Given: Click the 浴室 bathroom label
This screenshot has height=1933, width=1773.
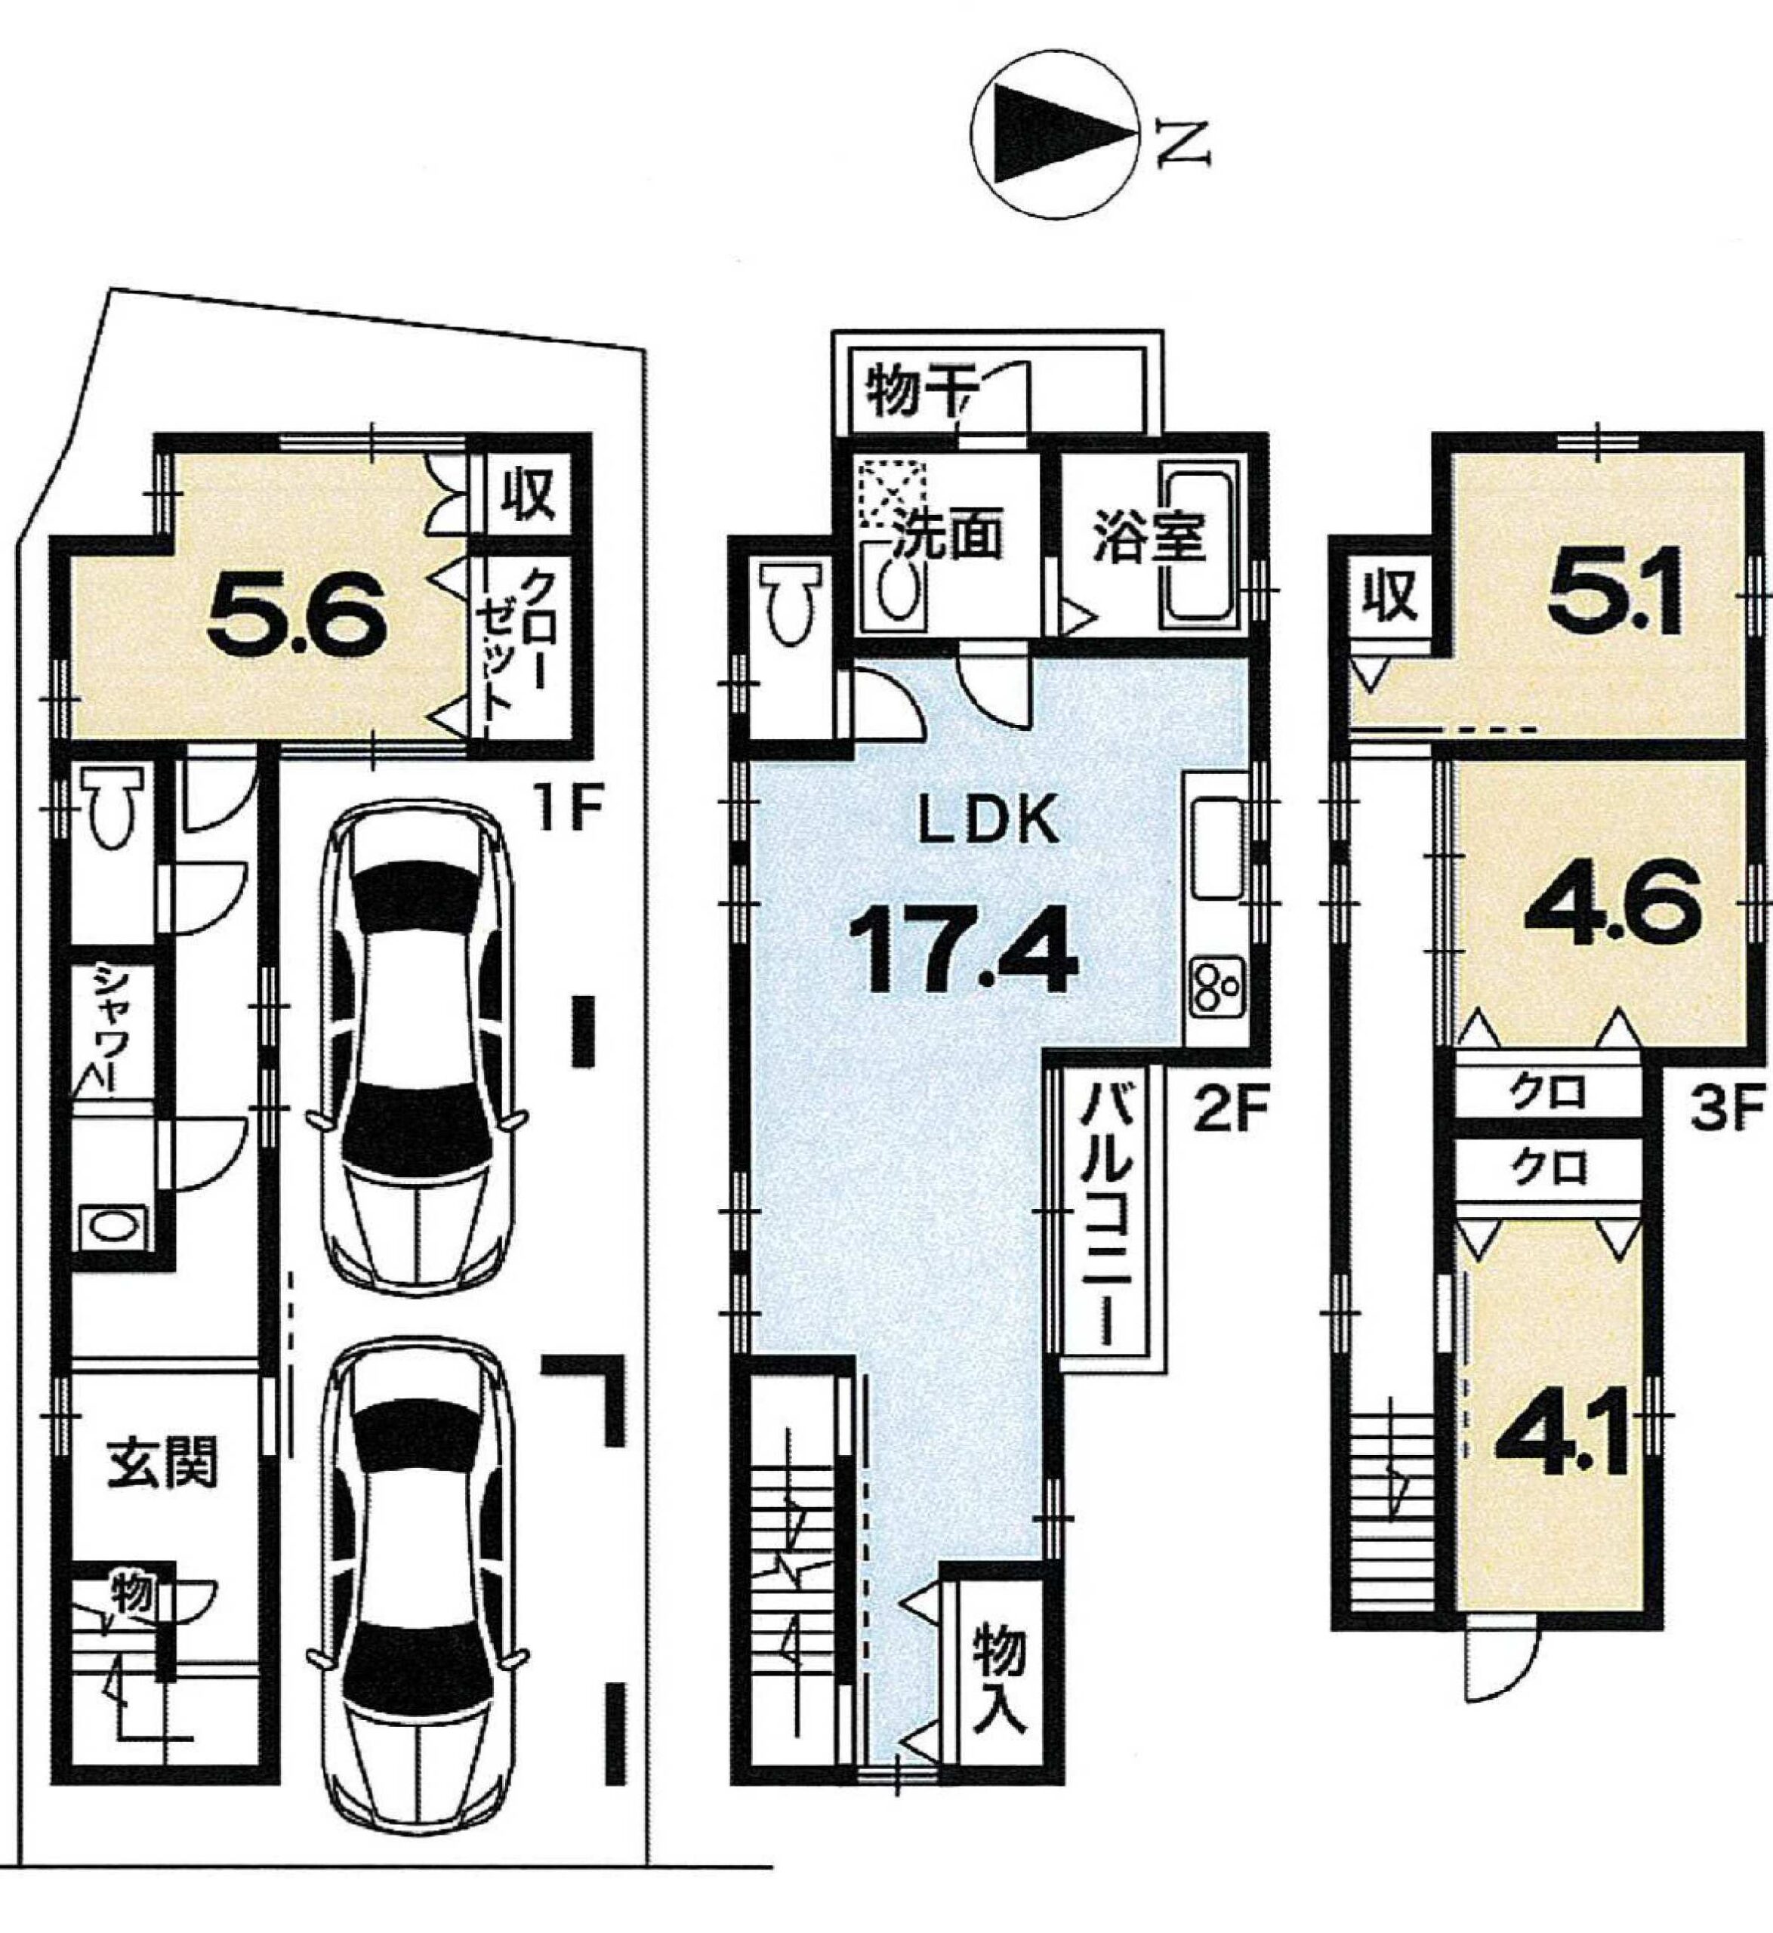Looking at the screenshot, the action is (x=1149, y=535).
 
